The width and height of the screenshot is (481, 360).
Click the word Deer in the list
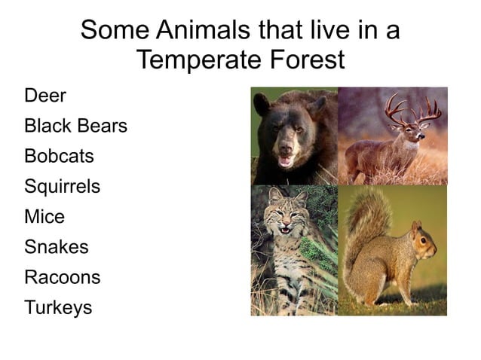pyautogui.click(x=45, y=96)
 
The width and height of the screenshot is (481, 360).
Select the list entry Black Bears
pyautogui.click(x=75, y=126)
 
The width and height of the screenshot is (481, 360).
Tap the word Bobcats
pyautogui.click(x=59, y=157)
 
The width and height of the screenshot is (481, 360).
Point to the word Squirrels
pyautogui.click(x=62, y=187)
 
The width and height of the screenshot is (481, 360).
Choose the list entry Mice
pyautogui.click(x=44, y=217)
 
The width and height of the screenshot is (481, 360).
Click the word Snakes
pyautogui.click(x=57, y=247)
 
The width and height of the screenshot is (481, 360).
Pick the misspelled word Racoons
pyautogui.click(x=62, y=277)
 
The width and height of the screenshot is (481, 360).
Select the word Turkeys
pyautogui.click(x=58, y=307)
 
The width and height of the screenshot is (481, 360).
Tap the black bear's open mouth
pyautogui.click(x=285, y=160)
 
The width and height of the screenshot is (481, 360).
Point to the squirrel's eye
pyautogui.click(x=423, y=240)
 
